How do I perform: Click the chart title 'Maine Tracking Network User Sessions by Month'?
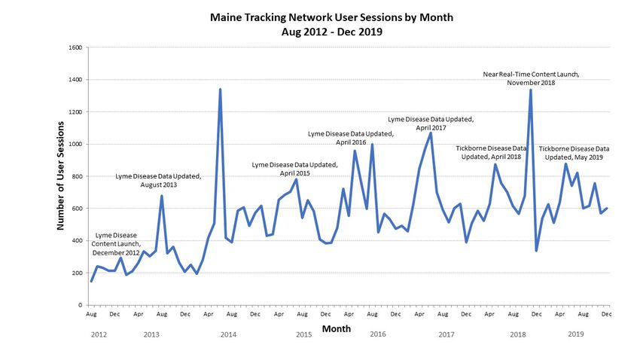click(321, 16)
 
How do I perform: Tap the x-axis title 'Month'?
click(336, 329)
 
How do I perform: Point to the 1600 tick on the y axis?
click(75, 47)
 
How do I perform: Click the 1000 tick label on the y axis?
click(75, 144)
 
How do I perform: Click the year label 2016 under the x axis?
click(378, 334)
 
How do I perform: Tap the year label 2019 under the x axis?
click(576, 334)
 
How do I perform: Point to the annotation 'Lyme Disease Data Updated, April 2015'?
click(294, 169)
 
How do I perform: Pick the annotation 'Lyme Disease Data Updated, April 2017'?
click(430, 123)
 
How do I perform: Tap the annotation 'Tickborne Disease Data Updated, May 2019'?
click(574, 153)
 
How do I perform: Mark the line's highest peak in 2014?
click(220, 90)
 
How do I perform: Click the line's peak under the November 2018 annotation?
click(531, 90)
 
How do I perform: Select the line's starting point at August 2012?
click(91, 281)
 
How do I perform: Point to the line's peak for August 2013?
click(162, 196)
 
